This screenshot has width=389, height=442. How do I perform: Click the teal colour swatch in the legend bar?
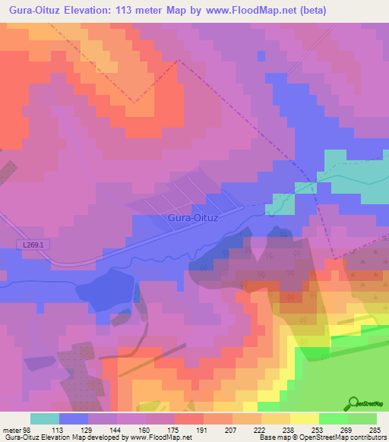44,418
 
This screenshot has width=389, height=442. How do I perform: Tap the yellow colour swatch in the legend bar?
304,418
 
